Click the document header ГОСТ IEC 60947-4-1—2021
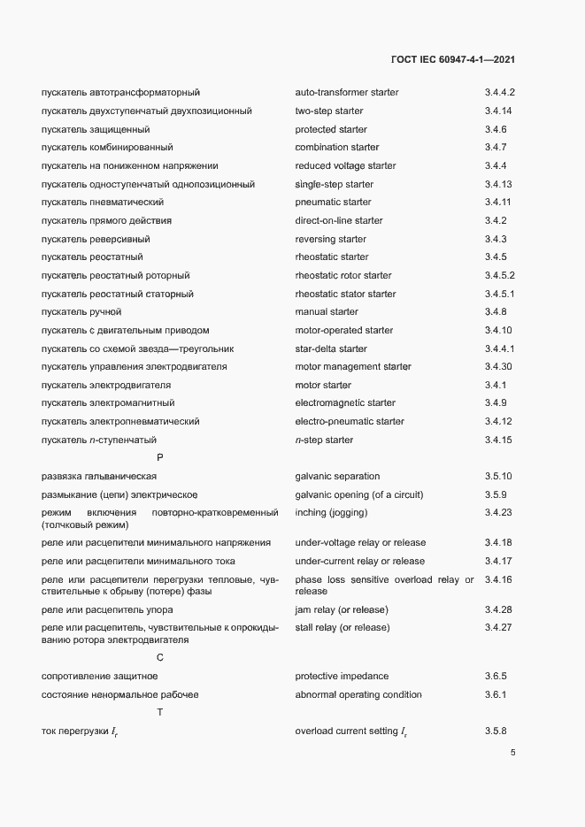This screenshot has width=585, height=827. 453,59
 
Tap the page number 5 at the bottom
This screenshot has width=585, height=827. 513,753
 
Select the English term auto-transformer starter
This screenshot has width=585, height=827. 346,92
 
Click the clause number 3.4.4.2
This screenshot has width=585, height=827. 499,92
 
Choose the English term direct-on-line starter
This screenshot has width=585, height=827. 339,220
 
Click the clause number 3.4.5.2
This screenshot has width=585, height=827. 499,275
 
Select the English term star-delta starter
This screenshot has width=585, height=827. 330,348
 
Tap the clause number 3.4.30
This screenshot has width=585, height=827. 498,367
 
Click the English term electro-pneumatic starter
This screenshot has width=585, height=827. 349,422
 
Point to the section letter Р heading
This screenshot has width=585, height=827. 160,457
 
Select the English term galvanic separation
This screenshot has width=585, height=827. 337,477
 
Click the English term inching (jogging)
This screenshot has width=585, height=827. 331,513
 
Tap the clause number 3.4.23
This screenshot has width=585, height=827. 498,513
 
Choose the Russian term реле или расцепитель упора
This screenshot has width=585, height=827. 107,610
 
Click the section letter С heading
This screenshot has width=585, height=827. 160,657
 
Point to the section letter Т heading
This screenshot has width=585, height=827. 160,712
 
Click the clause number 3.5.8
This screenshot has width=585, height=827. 496,731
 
